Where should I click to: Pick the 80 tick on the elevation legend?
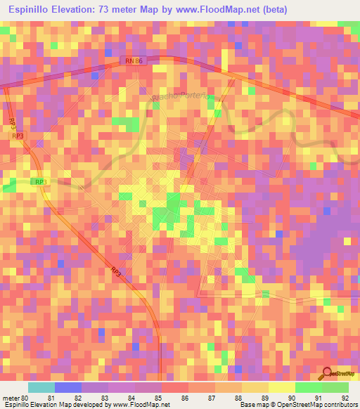(27, 397)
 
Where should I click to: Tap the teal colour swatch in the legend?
(41, 387)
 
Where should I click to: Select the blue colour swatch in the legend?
(68, 387)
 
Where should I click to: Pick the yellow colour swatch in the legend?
(282, 387)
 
